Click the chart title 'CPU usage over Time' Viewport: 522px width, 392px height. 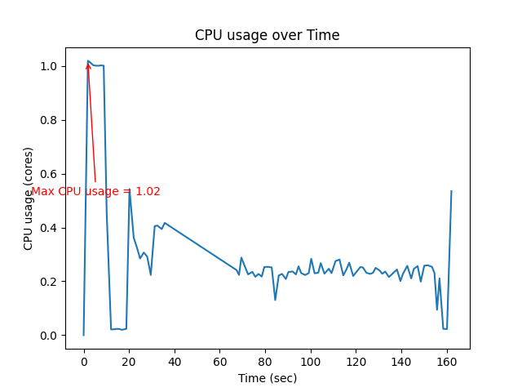pos(267,35)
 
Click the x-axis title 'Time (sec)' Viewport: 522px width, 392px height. pos(267,378)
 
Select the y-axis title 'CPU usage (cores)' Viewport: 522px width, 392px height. pos(29,198)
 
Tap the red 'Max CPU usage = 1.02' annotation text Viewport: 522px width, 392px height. pos(95,191)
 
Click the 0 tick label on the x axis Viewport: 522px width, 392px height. pos(83,362)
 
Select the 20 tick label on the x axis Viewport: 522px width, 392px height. pos(129,362)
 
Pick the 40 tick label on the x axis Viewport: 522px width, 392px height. pos(174,362)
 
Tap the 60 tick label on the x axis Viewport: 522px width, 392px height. pos(219,362)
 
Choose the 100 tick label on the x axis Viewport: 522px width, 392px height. pos(310,362)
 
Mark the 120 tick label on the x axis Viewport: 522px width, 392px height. pos(355,362)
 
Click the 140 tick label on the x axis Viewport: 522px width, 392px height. pos(400,362)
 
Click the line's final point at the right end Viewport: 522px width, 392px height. pos(451,191)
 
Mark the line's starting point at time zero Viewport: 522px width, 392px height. pos(83,335)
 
